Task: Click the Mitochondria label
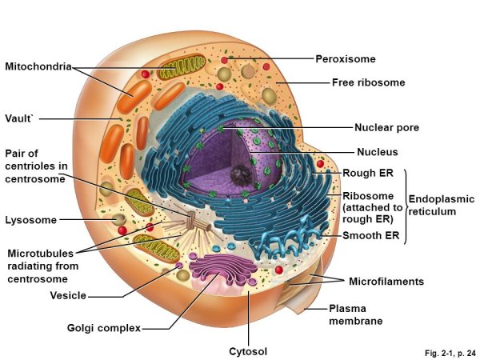coord(38,66)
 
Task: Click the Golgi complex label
coord(104,328)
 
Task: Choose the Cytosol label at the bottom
coord(247,351)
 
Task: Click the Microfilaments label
coord(386,282)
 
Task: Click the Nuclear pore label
coord(386,127)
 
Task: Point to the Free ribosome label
coord(369,82)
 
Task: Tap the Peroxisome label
coord(345,58)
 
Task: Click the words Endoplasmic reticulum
coord(442,206)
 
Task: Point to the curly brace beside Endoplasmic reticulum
coord(406,206)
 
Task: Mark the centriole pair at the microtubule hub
coord(198,223)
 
